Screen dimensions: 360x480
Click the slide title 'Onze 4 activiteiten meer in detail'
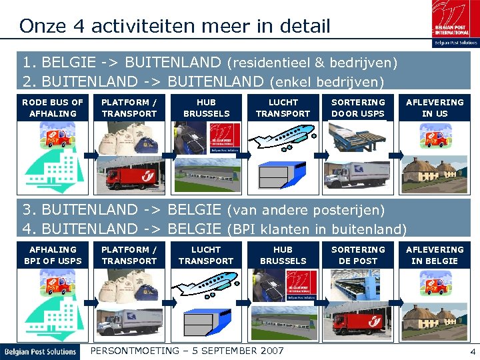click(175, 26)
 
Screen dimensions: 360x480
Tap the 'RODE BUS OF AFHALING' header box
click(53, 108)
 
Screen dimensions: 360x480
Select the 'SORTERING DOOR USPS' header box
click(358, 108)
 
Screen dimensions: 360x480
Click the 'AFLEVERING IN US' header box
click(435, 108)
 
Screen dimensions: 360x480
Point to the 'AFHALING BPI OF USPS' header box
click(53, 255)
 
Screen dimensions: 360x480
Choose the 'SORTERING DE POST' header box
click(358, 255)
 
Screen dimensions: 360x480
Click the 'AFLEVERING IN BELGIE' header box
click(435, 255)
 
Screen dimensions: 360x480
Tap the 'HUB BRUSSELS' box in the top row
click(206, 108)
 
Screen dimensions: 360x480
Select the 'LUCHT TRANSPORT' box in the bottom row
click(206, 255)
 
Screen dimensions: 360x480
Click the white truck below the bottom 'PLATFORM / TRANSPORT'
click(131, 321)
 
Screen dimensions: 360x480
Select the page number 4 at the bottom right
click(472, 351)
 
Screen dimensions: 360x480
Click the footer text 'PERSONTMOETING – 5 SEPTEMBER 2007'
click(187, 351)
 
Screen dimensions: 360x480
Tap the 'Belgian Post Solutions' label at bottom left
click(40, 351)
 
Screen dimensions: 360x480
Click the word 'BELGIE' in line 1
click(65, 63)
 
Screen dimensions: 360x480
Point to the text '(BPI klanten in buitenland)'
click(317, 229)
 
